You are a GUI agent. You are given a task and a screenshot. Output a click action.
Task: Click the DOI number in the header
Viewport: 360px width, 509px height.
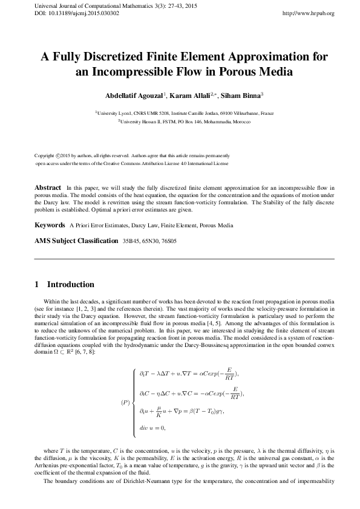coord(69,13)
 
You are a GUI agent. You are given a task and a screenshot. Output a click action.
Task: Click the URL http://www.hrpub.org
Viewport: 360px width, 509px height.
coord(309,13)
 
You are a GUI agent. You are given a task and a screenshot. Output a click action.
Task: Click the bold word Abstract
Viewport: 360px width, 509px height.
coord(48,188)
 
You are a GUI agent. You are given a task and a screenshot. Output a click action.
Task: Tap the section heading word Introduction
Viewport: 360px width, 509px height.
coord(70,284)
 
